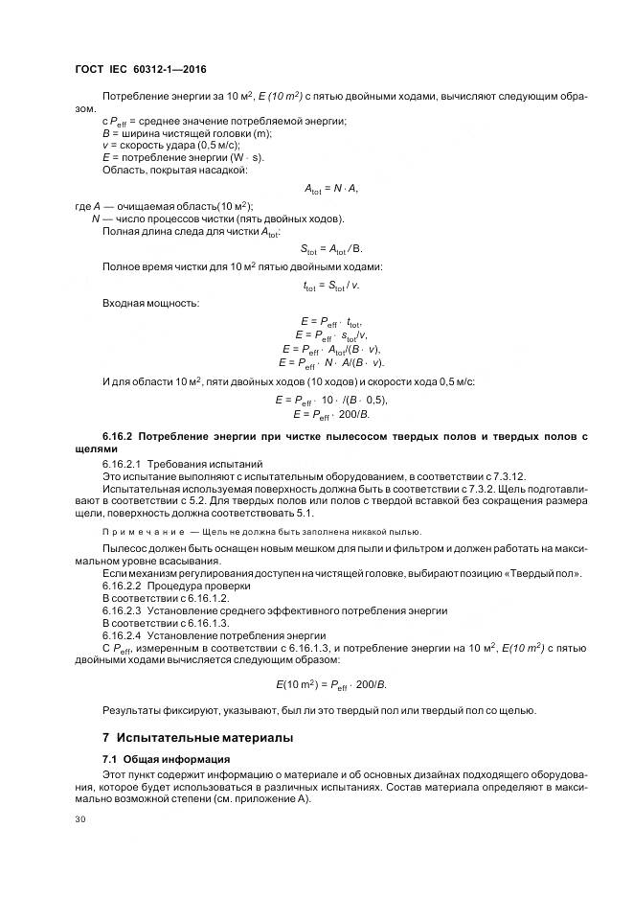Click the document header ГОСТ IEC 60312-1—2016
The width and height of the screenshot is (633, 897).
pos(140,70)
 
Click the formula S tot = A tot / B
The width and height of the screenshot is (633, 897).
pos(330,246)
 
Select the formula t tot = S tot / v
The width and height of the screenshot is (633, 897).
pos(330,284)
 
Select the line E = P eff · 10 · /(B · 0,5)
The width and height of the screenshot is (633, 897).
pos(330,399)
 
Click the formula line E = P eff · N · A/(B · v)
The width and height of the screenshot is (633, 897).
pos(330,362)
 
